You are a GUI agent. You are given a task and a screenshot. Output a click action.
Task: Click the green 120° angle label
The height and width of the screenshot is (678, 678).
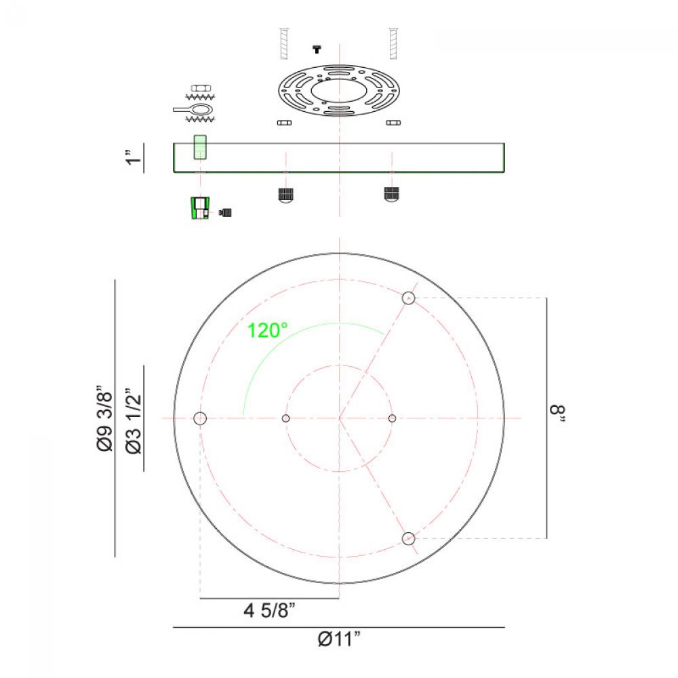pyautogui.click(x=266, y=331)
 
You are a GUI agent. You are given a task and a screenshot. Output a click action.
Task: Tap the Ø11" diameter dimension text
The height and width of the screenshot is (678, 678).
pyautogui.click(x=338, y=639)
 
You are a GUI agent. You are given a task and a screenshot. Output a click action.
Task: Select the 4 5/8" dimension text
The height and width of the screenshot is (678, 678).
pyautogui.click(x=269, y=611)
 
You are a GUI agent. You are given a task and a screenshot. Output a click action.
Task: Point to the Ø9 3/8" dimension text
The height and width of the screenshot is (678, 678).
pyautogui.click(x=104, y=418)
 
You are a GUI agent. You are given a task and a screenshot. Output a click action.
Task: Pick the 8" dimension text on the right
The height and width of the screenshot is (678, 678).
pyautogui.click(x=557, y=414)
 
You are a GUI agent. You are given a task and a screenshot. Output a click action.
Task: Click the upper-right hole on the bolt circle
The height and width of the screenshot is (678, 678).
pyautogui.click(x=408, y=298)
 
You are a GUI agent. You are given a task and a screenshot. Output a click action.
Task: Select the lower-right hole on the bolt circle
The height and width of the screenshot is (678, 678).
pyautogui.click(x=408, y=539)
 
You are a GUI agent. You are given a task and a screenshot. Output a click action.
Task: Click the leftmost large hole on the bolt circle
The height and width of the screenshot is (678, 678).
pyautogui.click(x=200, y=418)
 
